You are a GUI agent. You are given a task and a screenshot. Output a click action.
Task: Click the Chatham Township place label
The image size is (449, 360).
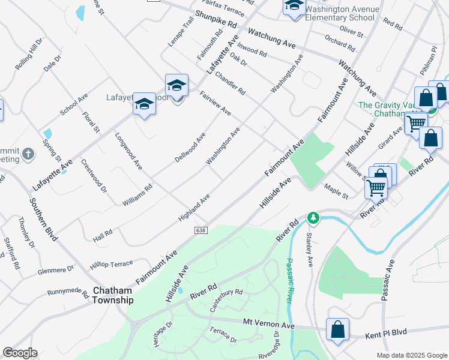tap(113, 295)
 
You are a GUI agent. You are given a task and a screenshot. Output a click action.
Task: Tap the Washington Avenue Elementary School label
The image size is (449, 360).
tap(342, 13)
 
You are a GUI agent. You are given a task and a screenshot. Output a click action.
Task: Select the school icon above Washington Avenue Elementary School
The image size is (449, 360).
tap(294, 8)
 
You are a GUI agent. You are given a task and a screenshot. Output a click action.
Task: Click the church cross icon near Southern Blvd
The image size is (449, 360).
tap(28, 155)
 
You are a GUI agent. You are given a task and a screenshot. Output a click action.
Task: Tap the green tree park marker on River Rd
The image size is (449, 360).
tap(312, 217)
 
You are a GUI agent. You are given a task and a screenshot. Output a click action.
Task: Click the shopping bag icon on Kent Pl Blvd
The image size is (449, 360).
tap(337, 330)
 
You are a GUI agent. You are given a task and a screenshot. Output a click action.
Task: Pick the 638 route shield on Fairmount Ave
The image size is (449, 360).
tap(201, 230)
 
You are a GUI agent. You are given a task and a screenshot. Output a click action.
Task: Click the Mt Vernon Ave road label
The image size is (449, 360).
tap(268, 323)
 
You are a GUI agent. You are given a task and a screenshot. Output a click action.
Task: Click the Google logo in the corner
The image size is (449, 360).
tap(20, 353)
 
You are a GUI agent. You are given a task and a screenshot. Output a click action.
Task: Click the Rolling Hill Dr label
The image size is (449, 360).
tap(29, 55)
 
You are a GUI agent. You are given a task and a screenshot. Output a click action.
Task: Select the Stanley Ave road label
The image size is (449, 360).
tap(310, 250)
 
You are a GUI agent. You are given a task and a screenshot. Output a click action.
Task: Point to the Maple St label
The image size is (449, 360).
tap(336, 191)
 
